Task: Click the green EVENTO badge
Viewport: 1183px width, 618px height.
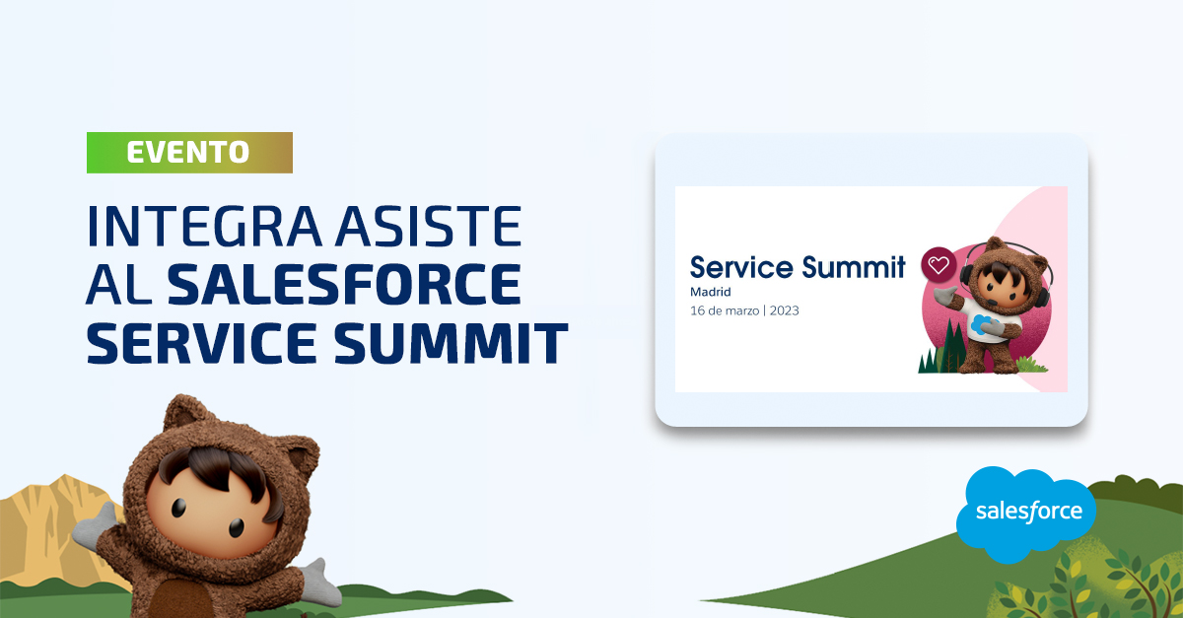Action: (x=189, y=153)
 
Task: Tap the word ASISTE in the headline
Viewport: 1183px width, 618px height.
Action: (x=430, y=226)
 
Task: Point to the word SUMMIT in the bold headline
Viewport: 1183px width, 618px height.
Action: (x=452, y=343)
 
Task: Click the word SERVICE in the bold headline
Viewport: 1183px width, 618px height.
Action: (x=202, y=343)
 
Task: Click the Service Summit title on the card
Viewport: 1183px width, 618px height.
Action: (x=798, y=267)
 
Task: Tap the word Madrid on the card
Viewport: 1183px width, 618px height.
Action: (x=711, y=292)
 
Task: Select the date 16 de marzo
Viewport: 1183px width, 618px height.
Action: (x=725, y=310)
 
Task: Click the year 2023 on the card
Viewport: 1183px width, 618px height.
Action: (x=785, y=310)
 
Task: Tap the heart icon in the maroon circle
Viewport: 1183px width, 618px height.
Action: (x=939, y=264)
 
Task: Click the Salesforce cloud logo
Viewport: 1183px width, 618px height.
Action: (x=1026, y=514)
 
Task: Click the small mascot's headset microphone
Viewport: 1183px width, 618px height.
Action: (x=992, y=303)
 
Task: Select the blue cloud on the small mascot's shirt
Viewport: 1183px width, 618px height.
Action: (x=982, y=323)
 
